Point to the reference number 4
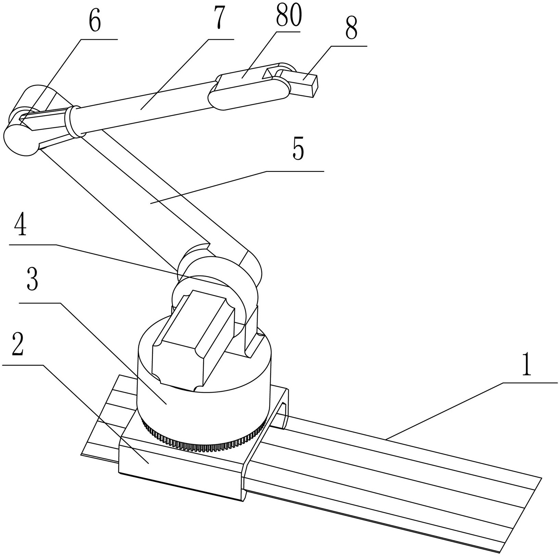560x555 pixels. (21, 225)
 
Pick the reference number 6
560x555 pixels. (95, 23)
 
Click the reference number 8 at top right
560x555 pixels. (351, 29)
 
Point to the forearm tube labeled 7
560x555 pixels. (144, 108)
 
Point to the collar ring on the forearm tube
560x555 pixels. (70, 122)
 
